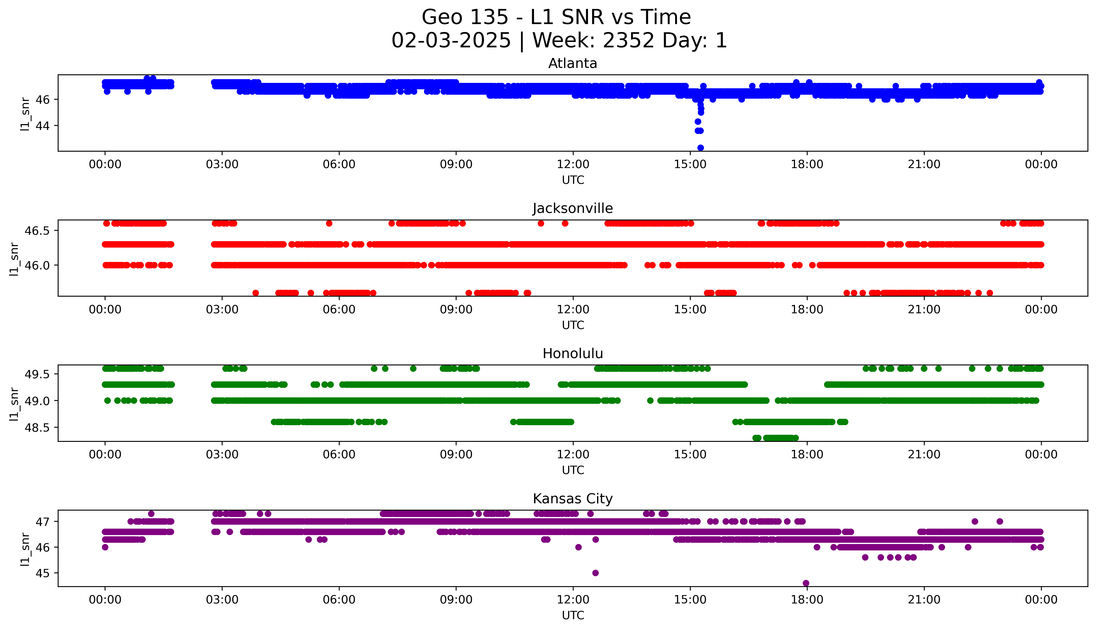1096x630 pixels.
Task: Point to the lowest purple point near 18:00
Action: [x=806, y=583]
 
